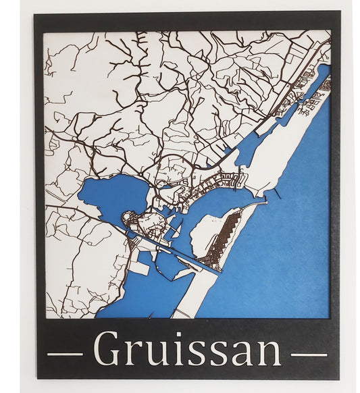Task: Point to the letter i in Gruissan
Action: click(180, 349)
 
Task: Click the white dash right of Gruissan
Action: click(309, 354)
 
